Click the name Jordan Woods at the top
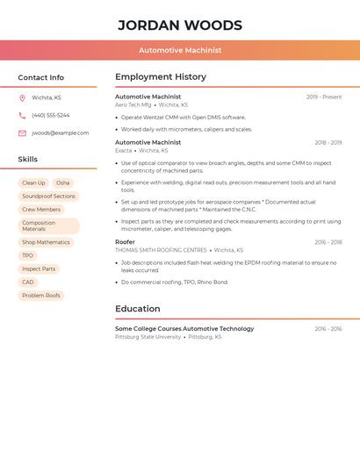(180, 25)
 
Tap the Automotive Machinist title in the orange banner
(180, 50)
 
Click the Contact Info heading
(41, 77)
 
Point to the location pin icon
(22, 97)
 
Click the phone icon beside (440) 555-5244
(22, 115)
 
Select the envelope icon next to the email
(22, 133)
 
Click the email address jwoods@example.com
(61, 133)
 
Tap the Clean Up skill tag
(33, 183)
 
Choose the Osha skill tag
(63, 183)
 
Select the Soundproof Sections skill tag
(48, 197)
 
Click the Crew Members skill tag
(41, 210)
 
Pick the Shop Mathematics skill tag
(46, 242)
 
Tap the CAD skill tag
(28, 283)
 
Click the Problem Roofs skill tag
(41, 296)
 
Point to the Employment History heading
(161, 76)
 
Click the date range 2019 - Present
(324, 97)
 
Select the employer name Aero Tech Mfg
(133, 104)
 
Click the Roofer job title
(125, 241)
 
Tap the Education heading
(138, 309)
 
